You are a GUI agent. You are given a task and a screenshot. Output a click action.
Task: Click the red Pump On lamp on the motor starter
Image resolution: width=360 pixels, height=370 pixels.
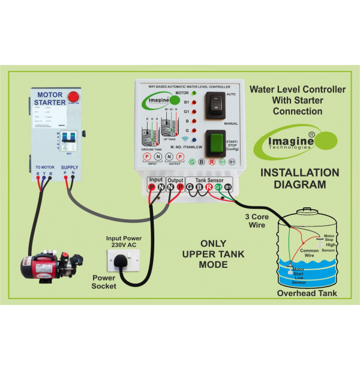pyautogui.click(x=74, y=96)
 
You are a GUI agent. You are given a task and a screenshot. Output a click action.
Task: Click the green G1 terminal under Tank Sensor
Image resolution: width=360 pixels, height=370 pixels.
pyautogui.click(x=218, y=187)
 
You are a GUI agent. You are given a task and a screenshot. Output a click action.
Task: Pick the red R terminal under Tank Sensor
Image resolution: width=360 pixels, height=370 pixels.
pyautogui.click(x=208, y=187)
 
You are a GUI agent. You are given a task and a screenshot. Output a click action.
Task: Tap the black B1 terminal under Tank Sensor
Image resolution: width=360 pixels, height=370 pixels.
pyautogui.click(x=227, y=187)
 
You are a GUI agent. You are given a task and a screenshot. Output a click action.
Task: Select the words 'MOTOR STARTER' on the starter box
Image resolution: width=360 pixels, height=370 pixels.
pyautogui.click(x=51, y=99)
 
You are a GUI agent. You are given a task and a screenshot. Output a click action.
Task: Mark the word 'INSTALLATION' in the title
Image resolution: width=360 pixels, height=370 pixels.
pyautogui.click(x=299, y=173)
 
